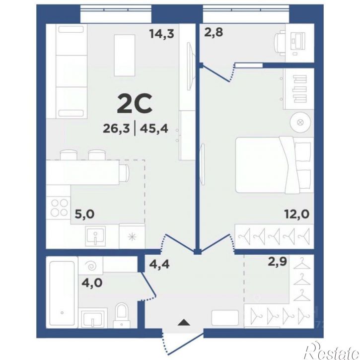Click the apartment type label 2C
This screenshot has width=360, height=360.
point(135,104)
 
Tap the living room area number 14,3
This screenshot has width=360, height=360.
point(162,34)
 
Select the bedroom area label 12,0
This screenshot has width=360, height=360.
point(297,215)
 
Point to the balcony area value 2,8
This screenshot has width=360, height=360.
point(214,32)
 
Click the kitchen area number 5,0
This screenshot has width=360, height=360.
point(85,215)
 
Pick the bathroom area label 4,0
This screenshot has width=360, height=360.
point(92,283)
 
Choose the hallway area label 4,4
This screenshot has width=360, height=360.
point(159,264)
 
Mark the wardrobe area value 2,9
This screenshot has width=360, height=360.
point(278,262)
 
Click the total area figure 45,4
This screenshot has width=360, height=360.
point(154,128)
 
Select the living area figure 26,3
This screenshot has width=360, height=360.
point(116,128)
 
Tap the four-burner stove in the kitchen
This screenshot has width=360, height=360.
point(58,208)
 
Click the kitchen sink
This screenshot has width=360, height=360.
point(95,236)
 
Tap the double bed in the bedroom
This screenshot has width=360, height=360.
point(275,165)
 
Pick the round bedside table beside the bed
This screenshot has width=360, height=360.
point(300,122)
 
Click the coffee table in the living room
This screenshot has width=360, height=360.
point(125,55)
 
